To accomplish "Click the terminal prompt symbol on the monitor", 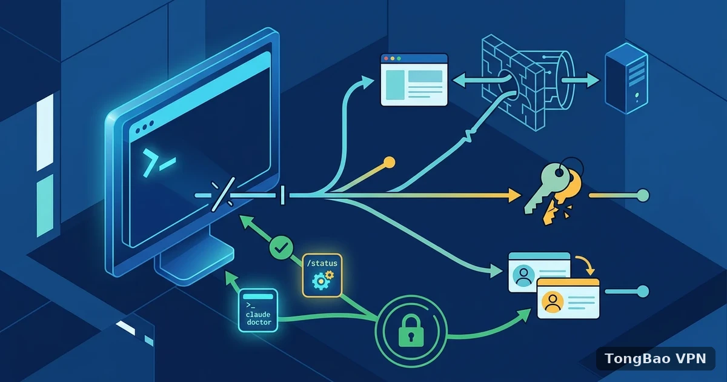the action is click(159, 163).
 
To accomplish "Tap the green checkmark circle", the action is click(281, 247).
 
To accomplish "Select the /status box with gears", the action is click(322, 275).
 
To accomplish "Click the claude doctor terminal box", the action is click(258, 310).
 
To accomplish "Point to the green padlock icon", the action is click(411, 330).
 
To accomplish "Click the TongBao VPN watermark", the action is click(656, 358).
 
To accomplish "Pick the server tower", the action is click(626, 78).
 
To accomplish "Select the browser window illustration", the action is click(414, 80).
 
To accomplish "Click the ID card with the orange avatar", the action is click(568, 299).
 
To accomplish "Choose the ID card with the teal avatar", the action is click(539, 272).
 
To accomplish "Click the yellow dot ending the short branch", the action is click(389, 163).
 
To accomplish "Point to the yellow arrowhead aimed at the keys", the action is click(515, 195).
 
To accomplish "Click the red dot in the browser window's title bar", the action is click(386, 58).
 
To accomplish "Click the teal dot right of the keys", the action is click(643, 195).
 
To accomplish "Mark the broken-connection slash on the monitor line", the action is click(224, 194).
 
